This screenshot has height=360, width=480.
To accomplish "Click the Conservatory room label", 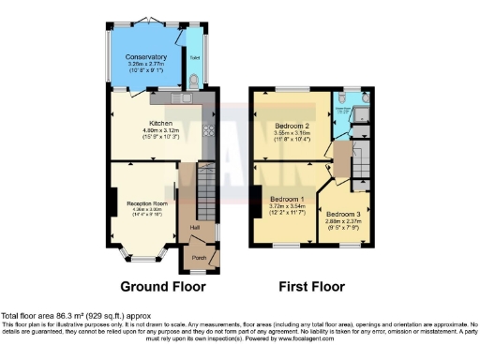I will tap(147, 57).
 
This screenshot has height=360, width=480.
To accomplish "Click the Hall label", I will tap(195, 227).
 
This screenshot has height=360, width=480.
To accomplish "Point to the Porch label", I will tap(199, 258).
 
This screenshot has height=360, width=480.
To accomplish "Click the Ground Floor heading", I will tap(157, 286).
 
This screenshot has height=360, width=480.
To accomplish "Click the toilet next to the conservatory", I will tap(192, 82).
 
